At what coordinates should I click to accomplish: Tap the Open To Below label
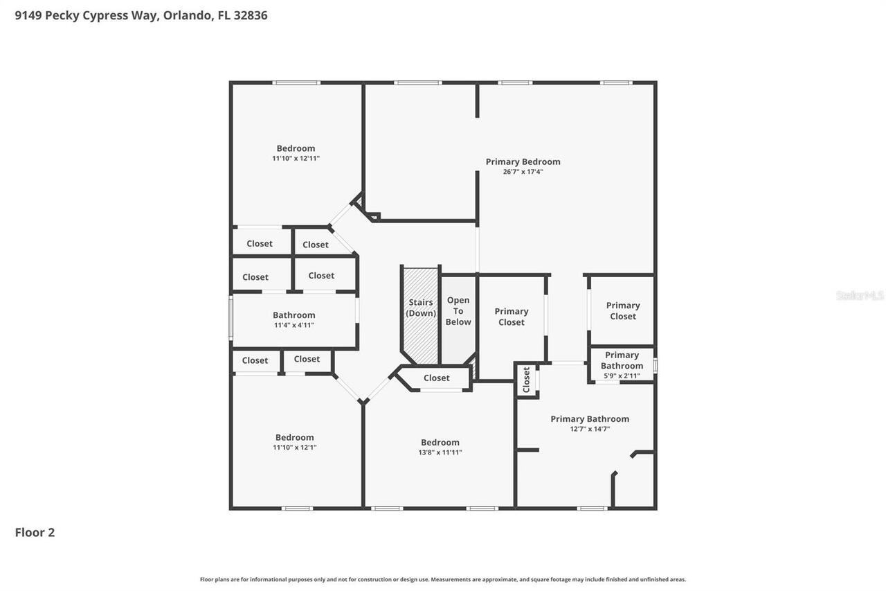[458, 311]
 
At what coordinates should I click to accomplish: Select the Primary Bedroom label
[523, 161]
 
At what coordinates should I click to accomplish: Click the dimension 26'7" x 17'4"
[523, 172]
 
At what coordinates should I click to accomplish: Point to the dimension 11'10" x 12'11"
[296, 158]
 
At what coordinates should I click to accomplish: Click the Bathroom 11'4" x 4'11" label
[294, 315]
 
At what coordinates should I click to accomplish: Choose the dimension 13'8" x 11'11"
[441, 452]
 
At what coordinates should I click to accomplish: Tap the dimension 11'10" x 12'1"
[295, 448]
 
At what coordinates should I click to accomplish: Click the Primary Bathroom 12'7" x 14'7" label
[590, 418]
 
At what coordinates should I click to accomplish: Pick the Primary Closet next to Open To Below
[512, 317]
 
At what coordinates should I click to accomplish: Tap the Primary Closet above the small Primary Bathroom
[623, 310]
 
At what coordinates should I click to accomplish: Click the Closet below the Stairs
[436, 378]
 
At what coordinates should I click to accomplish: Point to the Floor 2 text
[35, 532]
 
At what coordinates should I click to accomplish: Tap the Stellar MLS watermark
[860, 295]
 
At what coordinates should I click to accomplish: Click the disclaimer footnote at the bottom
[443, 579]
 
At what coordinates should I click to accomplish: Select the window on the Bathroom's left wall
[231, 317]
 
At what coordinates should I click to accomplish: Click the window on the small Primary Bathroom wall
[656, 364]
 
